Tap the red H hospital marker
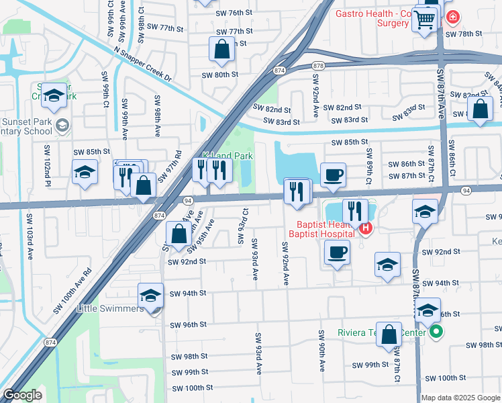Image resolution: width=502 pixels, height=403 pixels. pyautogui.click(x=366, y=229)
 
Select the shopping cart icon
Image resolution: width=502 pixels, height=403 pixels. pyautogui.click(x=423, y=21)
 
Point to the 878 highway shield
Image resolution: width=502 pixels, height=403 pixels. pyautogui.click(x=318, y=65)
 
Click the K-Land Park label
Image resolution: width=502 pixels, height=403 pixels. pyautogui.click(x=228, y=155)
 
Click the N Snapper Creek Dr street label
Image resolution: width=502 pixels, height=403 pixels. pyautogui.click(x=142, y=64)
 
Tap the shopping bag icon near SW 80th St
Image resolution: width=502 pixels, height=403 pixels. pyautogui.click(x=221, y=49)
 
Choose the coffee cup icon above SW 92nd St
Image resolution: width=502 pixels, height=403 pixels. pyautogui.click(x=337, y=253)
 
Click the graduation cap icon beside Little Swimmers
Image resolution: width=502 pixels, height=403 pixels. pyautogui.click(x=150, y=296)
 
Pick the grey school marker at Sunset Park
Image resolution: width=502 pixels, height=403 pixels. pyautogui.click(x=62, y=124)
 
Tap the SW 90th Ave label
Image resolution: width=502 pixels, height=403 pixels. pyautogui.click(x=322, y=351)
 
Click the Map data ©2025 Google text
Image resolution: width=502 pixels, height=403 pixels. pyautogui.click(x=460, y=398)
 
